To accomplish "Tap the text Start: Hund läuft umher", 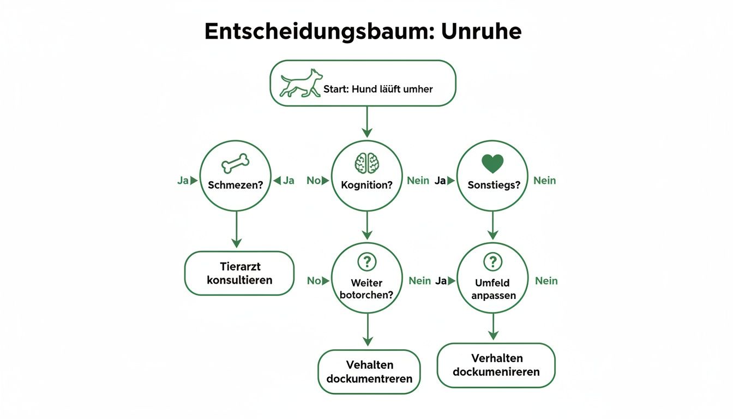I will coord(378,89).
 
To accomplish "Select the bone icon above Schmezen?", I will coord(236,163).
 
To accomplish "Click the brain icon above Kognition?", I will coord(366,162).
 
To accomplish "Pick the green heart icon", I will coord(492,163).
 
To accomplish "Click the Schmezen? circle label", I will coord(236,184).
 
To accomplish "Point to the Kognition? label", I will coord(366,184).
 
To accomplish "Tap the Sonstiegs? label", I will coord(494,184).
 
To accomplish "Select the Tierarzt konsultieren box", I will coord(239,273).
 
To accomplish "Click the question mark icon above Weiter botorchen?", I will coord(366,261).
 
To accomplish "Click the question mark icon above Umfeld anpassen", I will coord(492,261).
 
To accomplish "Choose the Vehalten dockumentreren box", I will coord(369,372).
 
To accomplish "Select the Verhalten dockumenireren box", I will coord(496,365).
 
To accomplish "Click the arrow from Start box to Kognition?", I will coord(366,122).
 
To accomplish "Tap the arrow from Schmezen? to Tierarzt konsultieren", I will coord(236,229).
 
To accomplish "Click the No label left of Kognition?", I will coord(313,181).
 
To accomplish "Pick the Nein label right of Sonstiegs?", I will coord(544,181).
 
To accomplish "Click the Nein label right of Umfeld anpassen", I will coord(546,280).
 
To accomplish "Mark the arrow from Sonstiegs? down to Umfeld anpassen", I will coord(492,225).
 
